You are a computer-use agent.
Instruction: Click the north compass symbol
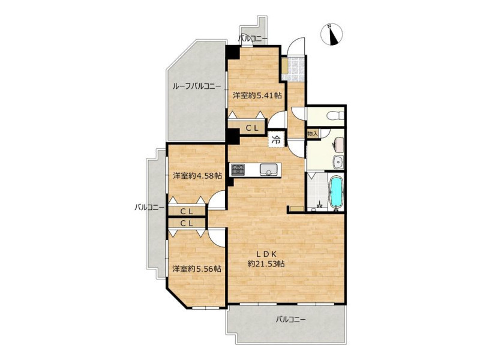point(332,35)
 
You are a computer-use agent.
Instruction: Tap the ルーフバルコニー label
point(197,86)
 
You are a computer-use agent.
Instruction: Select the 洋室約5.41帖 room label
point(257,95)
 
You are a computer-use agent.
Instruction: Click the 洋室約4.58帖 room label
point(197,176)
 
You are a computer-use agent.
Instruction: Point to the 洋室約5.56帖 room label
point(197,269)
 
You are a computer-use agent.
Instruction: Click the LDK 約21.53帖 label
point(266,259)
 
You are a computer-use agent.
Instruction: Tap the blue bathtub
point(336,192)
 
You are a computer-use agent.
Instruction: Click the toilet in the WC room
point(335,116)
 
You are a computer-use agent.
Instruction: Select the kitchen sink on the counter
point(268,170)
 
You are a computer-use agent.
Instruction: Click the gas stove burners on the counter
point(238,170)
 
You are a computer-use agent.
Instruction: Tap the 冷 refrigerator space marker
point(277,140)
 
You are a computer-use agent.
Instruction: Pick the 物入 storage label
point(313,134)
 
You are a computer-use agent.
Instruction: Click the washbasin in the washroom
point(339,161)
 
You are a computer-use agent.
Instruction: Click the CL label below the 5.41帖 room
point(253,128)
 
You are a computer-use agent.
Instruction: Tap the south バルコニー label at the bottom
point(290,320)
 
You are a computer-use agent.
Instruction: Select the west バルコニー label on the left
point(149,208)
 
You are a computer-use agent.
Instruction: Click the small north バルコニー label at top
point(253,38)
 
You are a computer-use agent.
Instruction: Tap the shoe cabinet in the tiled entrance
point(284,65)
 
